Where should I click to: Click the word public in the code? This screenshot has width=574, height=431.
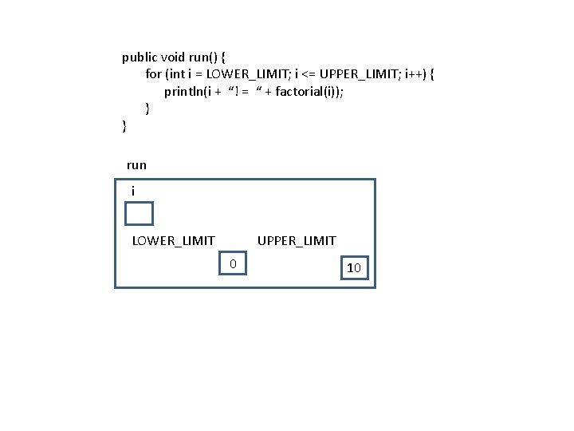point(140,57)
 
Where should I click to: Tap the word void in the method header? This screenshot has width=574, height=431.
point(173,57)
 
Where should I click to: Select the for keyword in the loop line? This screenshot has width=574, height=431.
point(153,74)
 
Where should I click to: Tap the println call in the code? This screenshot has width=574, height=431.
point(183,91)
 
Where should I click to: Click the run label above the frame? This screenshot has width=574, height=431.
point(136,165)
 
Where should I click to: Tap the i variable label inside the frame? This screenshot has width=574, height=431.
point(133,192)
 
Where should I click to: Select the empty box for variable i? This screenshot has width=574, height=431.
point(139,214)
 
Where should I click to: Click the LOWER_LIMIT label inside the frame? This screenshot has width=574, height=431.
point(173,240)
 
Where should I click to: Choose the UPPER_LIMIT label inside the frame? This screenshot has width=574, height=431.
point(297,240)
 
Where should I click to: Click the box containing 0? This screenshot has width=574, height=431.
point(233,263)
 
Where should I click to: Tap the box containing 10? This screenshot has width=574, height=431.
point(354,268)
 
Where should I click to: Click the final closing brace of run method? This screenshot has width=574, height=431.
point(124,125)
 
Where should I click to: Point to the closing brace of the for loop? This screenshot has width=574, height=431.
point(147,108)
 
